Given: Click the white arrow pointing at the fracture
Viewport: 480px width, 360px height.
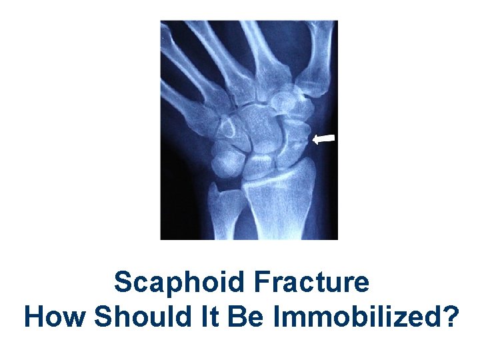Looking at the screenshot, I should (325, 139).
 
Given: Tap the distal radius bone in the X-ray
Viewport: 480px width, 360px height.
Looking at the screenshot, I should (277, 193).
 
